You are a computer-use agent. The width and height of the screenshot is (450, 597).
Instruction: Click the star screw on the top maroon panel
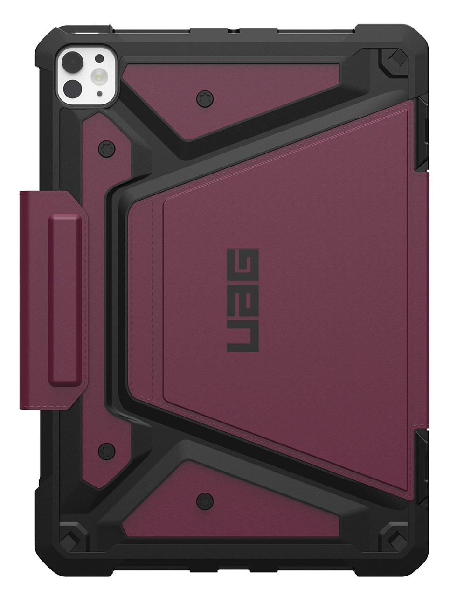click(x=204, y=98)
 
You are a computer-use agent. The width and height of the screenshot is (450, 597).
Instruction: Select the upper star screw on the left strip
click(x=105, y=149)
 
